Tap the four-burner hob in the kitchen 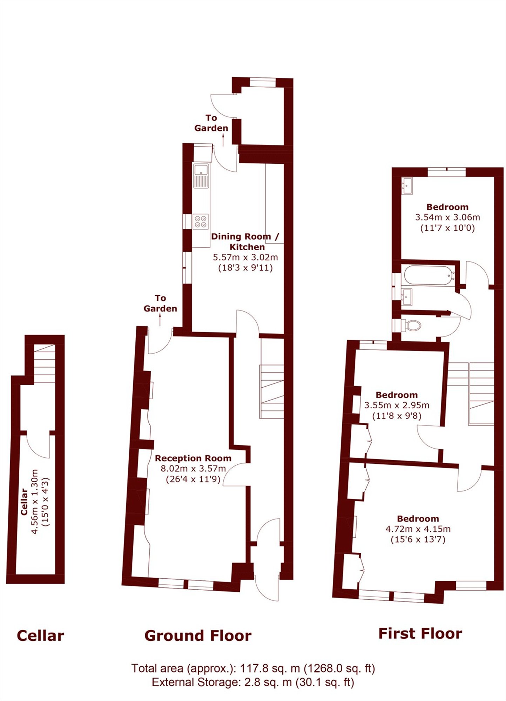(201, 222)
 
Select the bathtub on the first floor (429, 275)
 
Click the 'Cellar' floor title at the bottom (40, 636)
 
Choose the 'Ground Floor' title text (198, 636)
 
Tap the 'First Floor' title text (420, 634)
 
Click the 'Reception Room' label (193, 458)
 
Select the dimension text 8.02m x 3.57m (193, 469)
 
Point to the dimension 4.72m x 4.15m (418, 529)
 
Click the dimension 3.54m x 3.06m (447, 217)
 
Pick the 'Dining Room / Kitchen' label (245, 241)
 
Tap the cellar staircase (45, 363)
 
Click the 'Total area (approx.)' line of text (253, 668)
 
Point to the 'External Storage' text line (253, 682)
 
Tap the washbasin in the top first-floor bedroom (407, 185)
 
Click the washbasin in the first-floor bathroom (407, 297)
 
